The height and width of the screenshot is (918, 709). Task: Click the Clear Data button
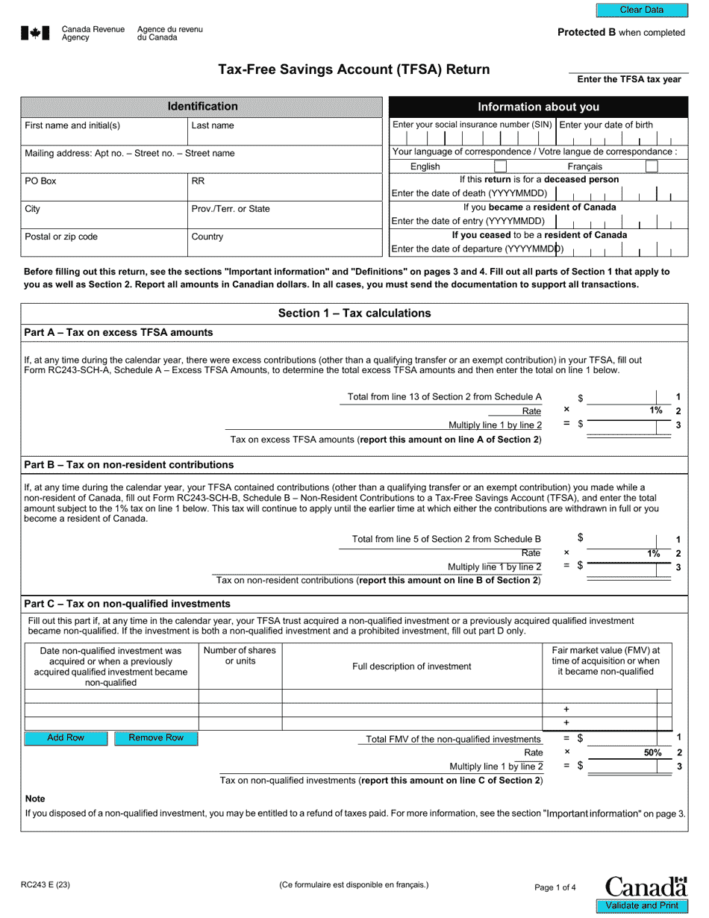click(641, 10)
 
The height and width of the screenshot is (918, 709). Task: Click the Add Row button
click(66, 738)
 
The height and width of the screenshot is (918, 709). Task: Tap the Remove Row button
click(156, 738)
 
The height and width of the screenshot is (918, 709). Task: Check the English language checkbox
click(501, 166)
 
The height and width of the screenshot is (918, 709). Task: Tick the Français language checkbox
click(651, 166)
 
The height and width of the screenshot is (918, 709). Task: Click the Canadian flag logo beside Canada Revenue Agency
click(35, 33)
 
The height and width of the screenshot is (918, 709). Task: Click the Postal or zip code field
click(104, 243)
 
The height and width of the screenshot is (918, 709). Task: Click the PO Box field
click(104, 187)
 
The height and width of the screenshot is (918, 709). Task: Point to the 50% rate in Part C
click(652, 753)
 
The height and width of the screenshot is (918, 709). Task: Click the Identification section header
click(202, 107)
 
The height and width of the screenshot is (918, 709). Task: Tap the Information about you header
click(538, 107)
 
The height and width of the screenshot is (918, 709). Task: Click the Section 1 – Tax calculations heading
click(354, 313)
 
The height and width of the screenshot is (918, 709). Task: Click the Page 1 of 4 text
click(555, 887)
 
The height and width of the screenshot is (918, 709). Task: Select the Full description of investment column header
click(411, 666)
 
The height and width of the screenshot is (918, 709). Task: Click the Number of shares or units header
click(240, 656)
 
